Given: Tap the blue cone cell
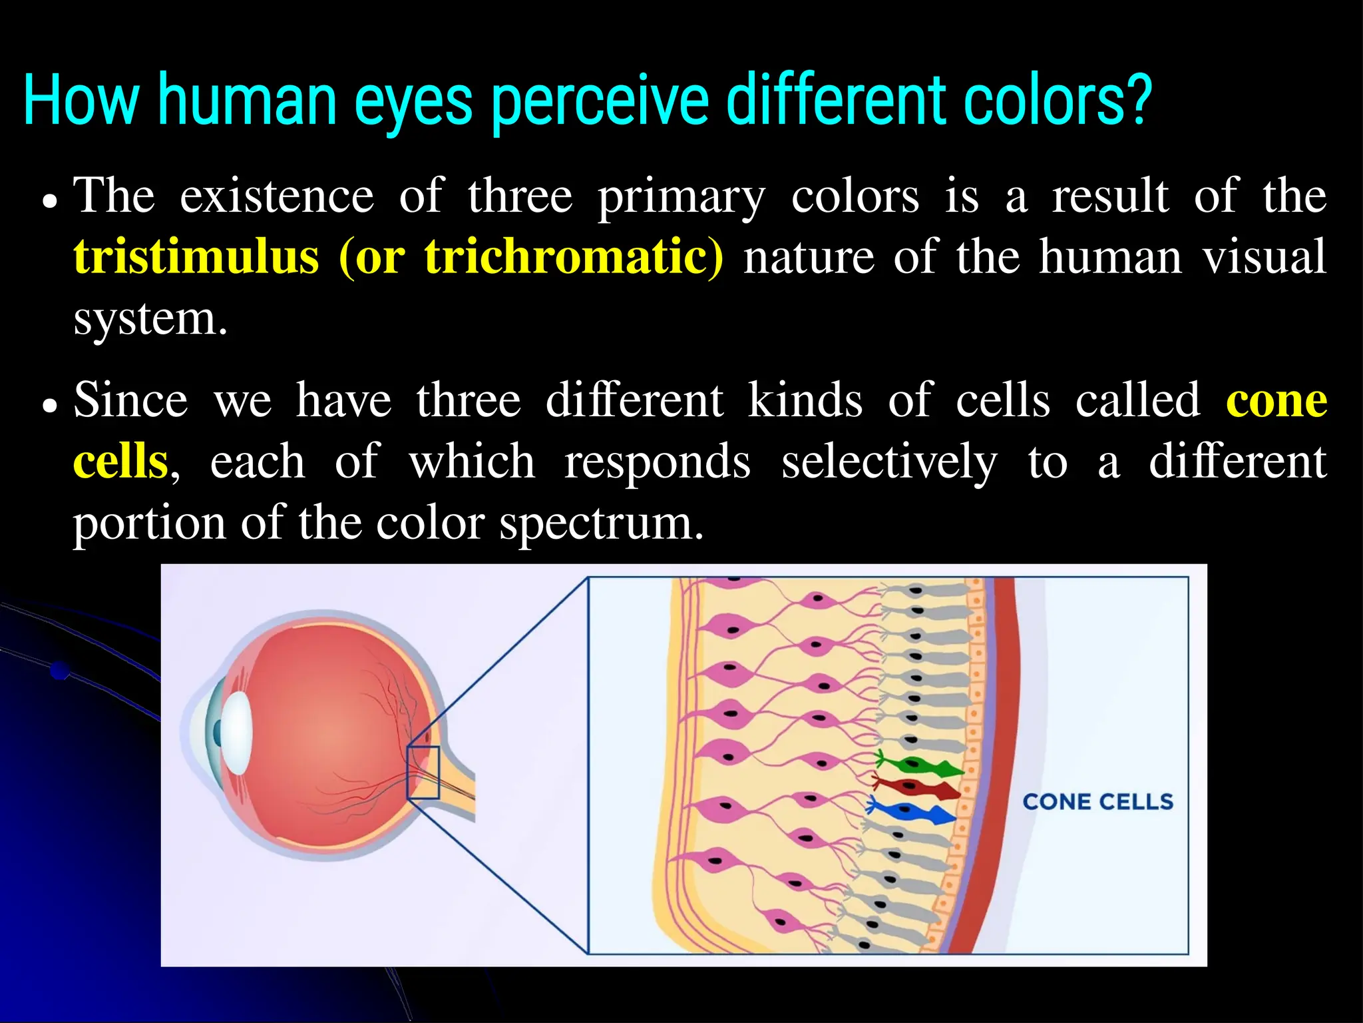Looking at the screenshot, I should pos(913,812).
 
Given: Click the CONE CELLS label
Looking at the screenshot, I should pos(1097,802).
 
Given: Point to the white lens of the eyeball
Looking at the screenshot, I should pos(237,733).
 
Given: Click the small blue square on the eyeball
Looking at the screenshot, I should pos(423,773).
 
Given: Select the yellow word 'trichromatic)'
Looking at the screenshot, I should pos(574,256).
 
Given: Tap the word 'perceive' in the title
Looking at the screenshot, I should pos(599,101).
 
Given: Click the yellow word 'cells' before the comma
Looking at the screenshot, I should pos(120,462).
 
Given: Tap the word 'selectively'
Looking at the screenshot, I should pos(889,462).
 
